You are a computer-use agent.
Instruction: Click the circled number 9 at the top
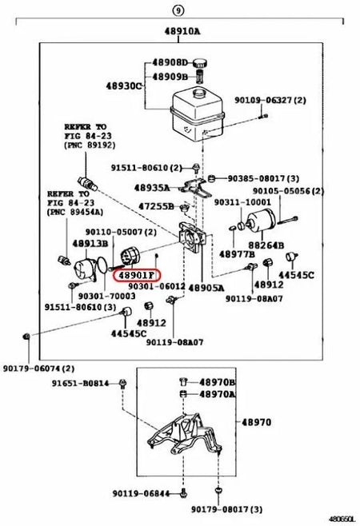pyautogui.click(x=178, y=10)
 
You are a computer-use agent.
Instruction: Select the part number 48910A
pyautogui.click(x=182, y=31)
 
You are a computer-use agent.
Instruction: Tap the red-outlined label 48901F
pyautogui.click(x=137, y=276)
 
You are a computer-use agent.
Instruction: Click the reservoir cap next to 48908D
pyautogui.click(x=200, y=62)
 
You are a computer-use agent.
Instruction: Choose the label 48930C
pyautogui.click(x=124, y=86)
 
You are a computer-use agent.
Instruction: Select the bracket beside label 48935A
pyautogui.click(x=194, y=188)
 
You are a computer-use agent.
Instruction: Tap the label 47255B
pyautogui.click(x=156, y=206)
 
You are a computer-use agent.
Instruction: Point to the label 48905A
pyautogui.click(x=206, y=288)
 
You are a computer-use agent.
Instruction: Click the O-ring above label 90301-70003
pyautogui.click(x=102, y=265)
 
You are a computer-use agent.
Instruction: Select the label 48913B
pyautogui.click(x=90, y=243)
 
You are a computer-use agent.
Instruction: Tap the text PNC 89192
pyautogui.click(x=90, y=145)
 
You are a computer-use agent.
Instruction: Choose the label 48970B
pyautogui.click(x=218, y=382)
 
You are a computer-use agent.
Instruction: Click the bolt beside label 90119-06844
pyautogui.click(x=183, y=493)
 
